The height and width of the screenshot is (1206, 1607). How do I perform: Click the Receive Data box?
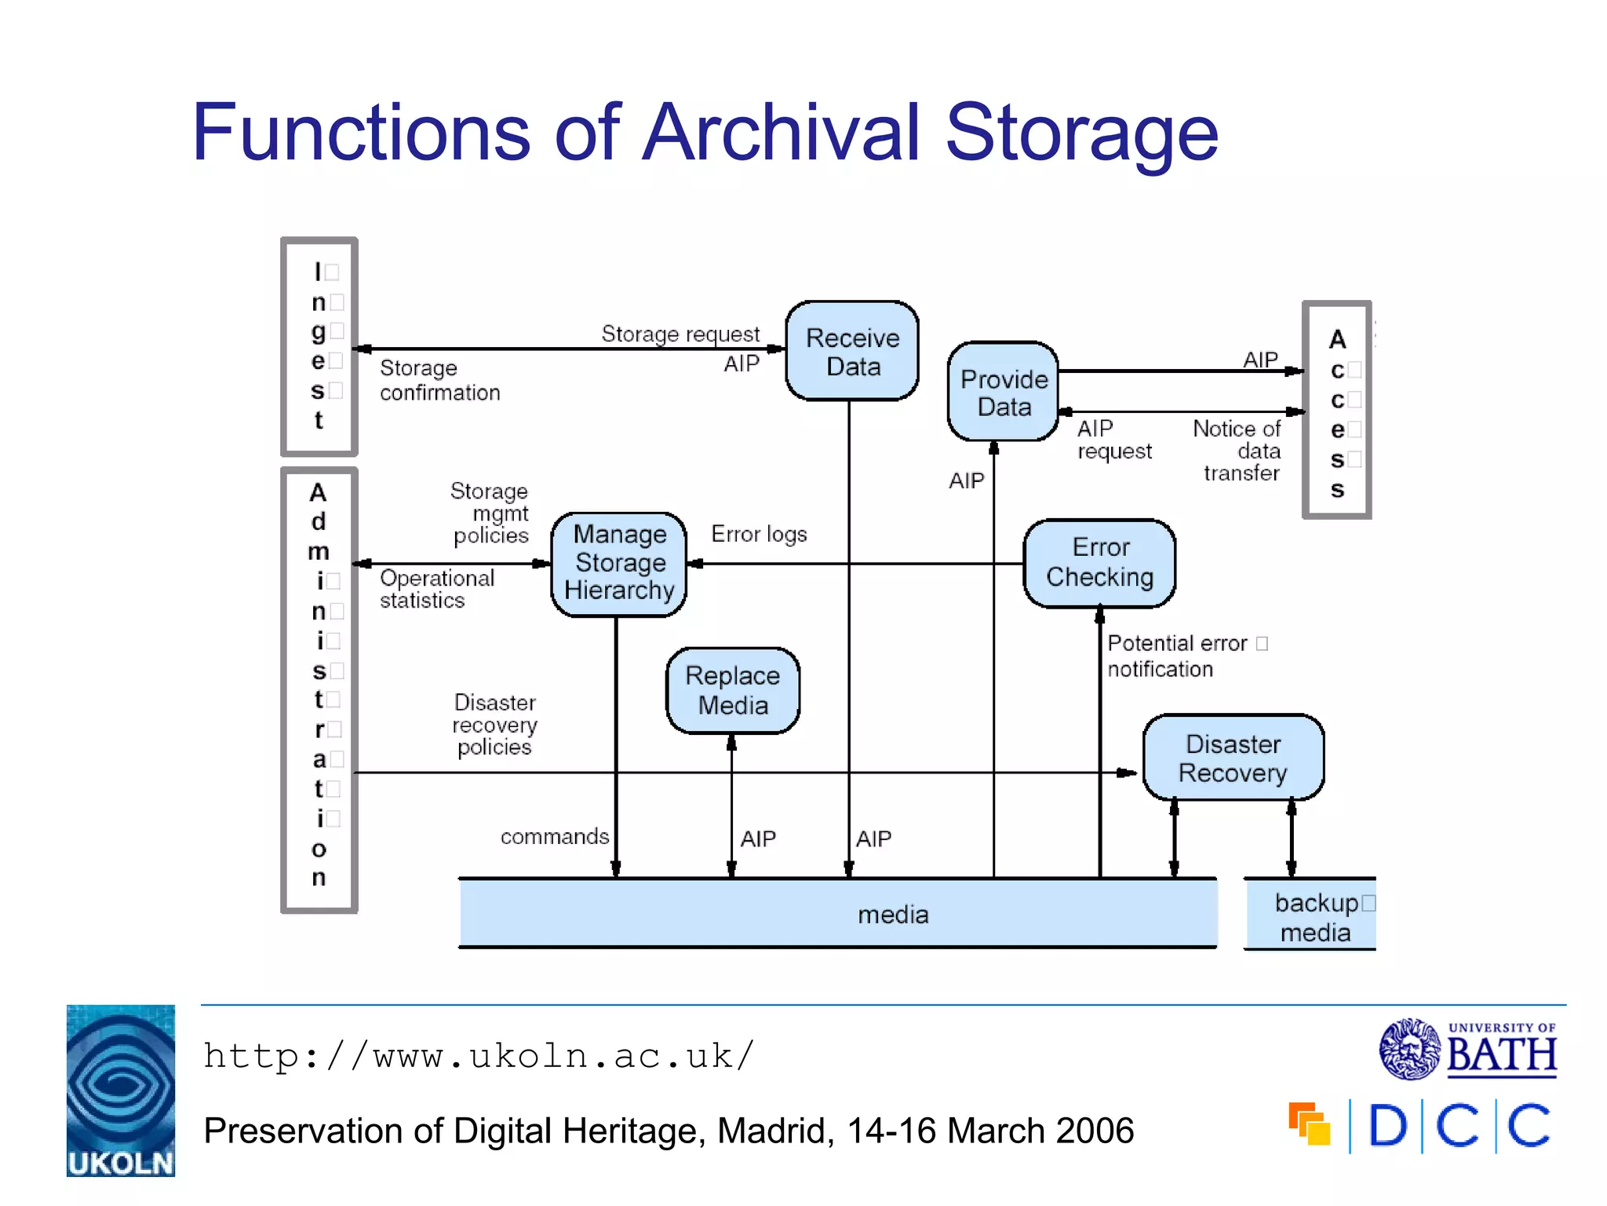(x=852, y=351)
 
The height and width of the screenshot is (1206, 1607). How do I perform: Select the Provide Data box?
(x=1004, y=392)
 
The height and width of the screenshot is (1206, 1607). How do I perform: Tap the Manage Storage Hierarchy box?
(x=619, y=563)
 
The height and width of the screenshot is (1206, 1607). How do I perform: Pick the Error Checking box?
(x=1099, y=562)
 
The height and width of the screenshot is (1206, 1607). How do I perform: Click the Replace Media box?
(x=733, y=690)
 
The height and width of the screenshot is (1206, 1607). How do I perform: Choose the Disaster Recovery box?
(x=1233, y=758)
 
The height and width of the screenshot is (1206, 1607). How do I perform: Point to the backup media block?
(x=1315, y=915)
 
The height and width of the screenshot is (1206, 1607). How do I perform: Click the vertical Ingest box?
(x=319, y=346)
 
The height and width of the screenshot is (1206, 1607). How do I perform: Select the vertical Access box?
(x=1337, y=410)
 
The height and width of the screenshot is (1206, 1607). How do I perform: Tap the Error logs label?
(x=759, y=534)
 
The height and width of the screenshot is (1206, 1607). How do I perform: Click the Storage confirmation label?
(x=439, y=380)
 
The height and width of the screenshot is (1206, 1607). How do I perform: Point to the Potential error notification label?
(x=1177, y=656)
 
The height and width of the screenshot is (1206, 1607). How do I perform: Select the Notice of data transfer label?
(x=1237, y=451)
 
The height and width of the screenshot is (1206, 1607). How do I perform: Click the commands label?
(x=554, y=836)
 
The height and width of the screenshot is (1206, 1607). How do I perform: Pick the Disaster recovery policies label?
(x=495, y=724)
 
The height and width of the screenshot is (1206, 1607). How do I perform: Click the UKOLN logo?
(x=121, y=1091)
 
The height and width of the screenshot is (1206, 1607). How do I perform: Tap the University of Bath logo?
(x=1467, y=1049)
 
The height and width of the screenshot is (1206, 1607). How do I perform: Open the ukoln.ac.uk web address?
(x=479, y=1056)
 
